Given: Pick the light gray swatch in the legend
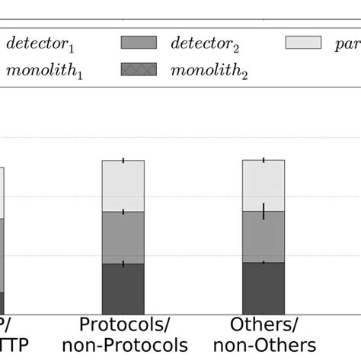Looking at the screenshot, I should pos(303,43).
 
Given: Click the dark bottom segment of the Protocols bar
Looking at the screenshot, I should pos(123,289).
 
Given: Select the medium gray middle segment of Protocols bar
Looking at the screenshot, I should pos(123,238).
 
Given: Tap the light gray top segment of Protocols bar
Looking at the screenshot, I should pos(123,186).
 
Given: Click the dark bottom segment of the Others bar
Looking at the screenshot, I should pos(264,288).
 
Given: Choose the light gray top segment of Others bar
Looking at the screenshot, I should pos(264,185).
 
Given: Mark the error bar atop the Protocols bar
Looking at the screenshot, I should pos(123,161).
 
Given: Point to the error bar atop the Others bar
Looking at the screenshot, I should pos(264,160).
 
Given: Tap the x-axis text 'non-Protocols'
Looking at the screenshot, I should pos(123,344).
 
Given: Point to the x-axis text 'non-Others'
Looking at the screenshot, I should pos(264,344).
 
